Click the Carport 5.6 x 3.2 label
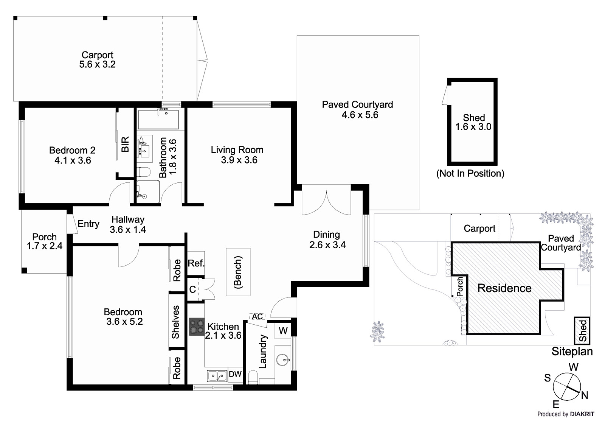[97, 60]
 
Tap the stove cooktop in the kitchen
[197, 326]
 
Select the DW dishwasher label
[235, 374]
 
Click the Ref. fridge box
[196, 263]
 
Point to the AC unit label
[258, 316]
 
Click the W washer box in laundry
[283, 331]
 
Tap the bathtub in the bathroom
[158, 120]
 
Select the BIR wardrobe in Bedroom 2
[125, 144]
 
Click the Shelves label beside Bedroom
[176, 322]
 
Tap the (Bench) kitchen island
[238, 272]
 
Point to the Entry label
[88, 224]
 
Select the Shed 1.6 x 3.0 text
[473, 122]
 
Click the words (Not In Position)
[470, 173]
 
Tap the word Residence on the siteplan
[504, 288]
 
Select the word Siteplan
[572, 352]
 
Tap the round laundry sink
[283, 360]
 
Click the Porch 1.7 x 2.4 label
[44, 241]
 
